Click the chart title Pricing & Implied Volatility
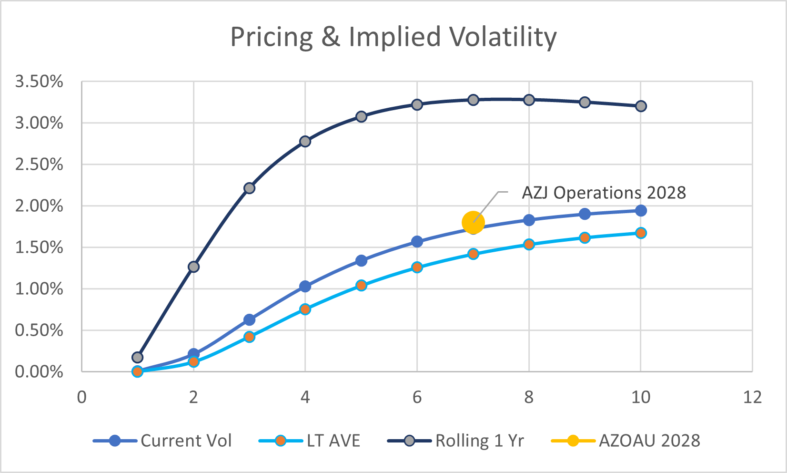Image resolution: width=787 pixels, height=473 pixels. (393, 37)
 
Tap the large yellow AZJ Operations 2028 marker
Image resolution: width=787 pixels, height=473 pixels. (473, 223)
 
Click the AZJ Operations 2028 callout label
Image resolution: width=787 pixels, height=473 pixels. (604, 193)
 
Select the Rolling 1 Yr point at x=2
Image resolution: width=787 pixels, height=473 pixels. (193, 267)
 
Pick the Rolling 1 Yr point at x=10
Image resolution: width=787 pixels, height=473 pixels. (641, 106)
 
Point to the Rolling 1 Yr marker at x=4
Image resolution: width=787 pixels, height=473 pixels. (305, 141)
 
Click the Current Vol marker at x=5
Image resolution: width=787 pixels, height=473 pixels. (361, 261)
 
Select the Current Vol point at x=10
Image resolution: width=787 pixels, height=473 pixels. (641, 211)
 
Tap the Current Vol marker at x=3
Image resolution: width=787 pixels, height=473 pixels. (249, 319)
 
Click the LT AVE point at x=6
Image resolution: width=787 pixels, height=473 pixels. (417, 267)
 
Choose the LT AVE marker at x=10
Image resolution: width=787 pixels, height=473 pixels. (641, 233)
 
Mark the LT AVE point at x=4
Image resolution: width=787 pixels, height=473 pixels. (305, 309)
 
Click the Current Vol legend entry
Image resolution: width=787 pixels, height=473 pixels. (162, 441)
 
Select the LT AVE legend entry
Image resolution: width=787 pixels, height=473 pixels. (310, 441)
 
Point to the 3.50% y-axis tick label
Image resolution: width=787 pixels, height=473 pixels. (39, 82)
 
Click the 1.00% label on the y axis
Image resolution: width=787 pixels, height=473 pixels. (39, 289)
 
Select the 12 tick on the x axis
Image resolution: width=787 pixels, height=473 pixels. (752, 397)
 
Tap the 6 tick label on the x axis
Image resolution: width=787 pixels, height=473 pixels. (417, 397)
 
